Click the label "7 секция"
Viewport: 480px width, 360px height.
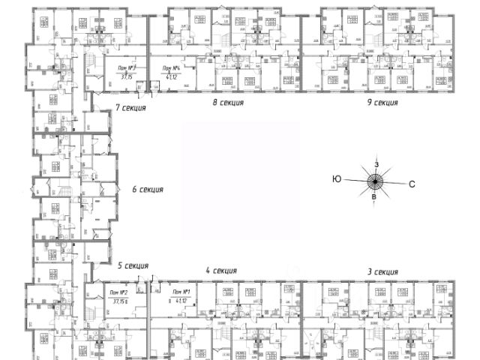130,108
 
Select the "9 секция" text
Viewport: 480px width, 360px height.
382,103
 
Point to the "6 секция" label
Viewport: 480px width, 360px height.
148,190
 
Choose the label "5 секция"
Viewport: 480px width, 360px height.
133,265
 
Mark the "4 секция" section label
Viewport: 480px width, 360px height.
221,271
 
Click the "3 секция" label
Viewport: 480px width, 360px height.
382,271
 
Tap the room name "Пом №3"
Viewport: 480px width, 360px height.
126,67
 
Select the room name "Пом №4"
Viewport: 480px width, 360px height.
172,67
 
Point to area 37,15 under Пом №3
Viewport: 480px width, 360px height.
125,76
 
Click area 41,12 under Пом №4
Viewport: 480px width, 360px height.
172,76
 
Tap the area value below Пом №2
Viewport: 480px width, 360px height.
120,301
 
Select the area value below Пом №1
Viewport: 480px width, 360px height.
180,301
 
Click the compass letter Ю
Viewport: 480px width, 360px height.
337,179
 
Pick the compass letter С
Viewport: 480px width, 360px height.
412,183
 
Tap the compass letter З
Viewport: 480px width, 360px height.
377,164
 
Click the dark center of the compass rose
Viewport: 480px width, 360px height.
376,181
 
